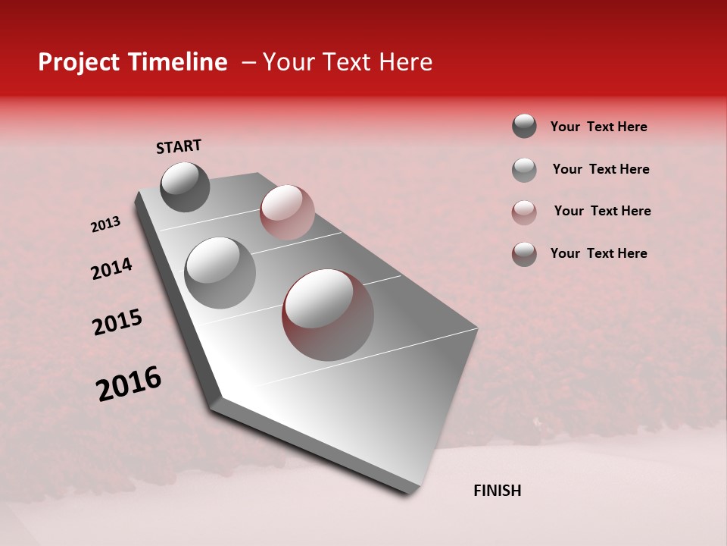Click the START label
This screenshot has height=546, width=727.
tap(179, 146)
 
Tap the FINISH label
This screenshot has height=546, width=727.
tap(497, 491)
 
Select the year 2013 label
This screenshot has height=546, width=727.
tap(105, 224)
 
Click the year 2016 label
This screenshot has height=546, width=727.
tap(129, 384)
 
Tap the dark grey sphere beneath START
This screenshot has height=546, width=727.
tap(186, 187)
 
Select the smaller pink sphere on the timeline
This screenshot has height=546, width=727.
tap(287, 212)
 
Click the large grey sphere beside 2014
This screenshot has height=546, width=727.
tap(220, 272)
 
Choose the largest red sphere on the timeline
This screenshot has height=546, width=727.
tap(328, 314)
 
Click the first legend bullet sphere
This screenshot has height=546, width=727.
tap(524, 126)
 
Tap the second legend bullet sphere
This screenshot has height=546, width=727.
tap(524, 170)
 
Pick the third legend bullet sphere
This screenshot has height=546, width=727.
tap(524, 212)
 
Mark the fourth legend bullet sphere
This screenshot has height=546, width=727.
tap(524, 254)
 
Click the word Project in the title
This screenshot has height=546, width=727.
tap(78, 62)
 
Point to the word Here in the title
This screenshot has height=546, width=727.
tap(405, 62)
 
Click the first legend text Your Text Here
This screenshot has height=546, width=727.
tap(598, 127)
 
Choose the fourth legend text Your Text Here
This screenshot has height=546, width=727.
tap(598, 253)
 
